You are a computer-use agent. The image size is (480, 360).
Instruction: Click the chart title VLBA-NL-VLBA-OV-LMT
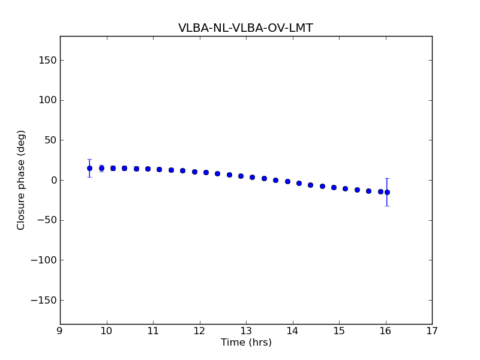point(245,28)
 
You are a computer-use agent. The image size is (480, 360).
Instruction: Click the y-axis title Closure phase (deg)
point(22,180)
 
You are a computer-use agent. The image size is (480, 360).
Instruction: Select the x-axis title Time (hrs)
point(246,343)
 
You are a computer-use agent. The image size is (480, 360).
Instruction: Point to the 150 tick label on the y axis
point(47,60)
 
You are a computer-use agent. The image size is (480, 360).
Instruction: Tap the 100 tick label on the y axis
point(47,100)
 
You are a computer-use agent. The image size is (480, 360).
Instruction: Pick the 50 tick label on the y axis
point(49,140)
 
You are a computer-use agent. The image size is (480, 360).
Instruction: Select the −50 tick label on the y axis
point(46,220)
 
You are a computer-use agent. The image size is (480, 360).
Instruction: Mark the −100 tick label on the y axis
point(43,260)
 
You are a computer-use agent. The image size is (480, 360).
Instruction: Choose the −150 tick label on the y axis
point(43,300)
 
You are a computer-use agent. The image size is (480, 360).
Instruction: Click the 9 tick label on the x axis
point(60,331)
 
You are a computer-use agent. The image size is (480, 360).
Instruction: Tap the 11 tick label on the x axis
point(153,331)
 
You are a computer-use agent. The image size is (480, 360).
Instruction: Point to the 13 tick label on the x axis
point(246,331)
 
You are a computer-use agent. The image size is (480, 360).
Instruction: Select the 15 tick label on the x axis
point(339,331)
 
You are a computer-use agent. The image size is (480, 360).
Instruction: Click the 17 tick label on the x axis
point(432,331)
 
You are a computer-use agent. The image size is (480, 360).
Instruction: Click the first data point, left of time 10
point(89,168)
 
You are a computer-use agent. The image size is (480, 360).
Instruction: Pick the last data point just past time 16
point(387,192)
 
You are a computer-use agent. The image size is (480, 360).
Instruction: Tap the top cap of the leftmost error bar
point(89,160)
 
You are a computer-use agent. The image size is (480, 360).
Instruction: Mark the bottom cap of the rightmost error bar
point(387,206)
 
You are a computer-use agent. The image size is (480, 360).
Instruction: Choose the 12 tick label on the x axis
point(199,331)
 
